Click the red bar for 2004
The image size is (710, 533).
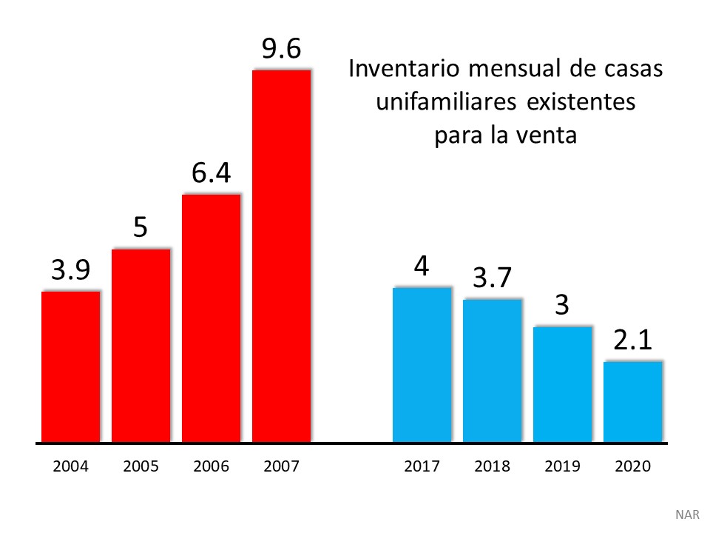click(70, 367)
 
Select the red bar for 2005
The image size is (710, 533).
click(141, 346)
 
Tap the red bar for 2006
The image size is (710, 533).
click(211, 318)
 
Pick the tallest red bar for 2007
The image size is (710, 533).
click(281, 256)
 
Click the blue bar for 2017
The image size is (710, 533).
click(422, 365)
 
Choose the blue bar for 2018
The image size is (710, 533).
click(492, 371)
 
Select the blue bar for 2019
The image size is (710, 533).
click(562, 384)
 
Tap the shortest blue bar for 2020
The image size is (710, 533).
click(632, 402)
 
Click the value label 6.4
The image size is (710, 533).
click(211, 173)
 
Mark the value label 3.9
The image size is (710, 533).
click(70, 271)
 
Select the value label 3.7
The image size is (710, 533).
click(492, 278)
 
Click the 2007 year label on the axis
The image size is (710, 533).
click(281, 466)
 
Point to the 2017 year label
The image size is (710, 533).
click(422, 466)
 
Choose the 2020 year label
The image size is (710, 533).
click(632, 466)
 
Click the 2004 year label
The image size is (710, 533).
click(70, 466)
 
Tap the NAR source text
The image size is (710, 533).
click(686, 514)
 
